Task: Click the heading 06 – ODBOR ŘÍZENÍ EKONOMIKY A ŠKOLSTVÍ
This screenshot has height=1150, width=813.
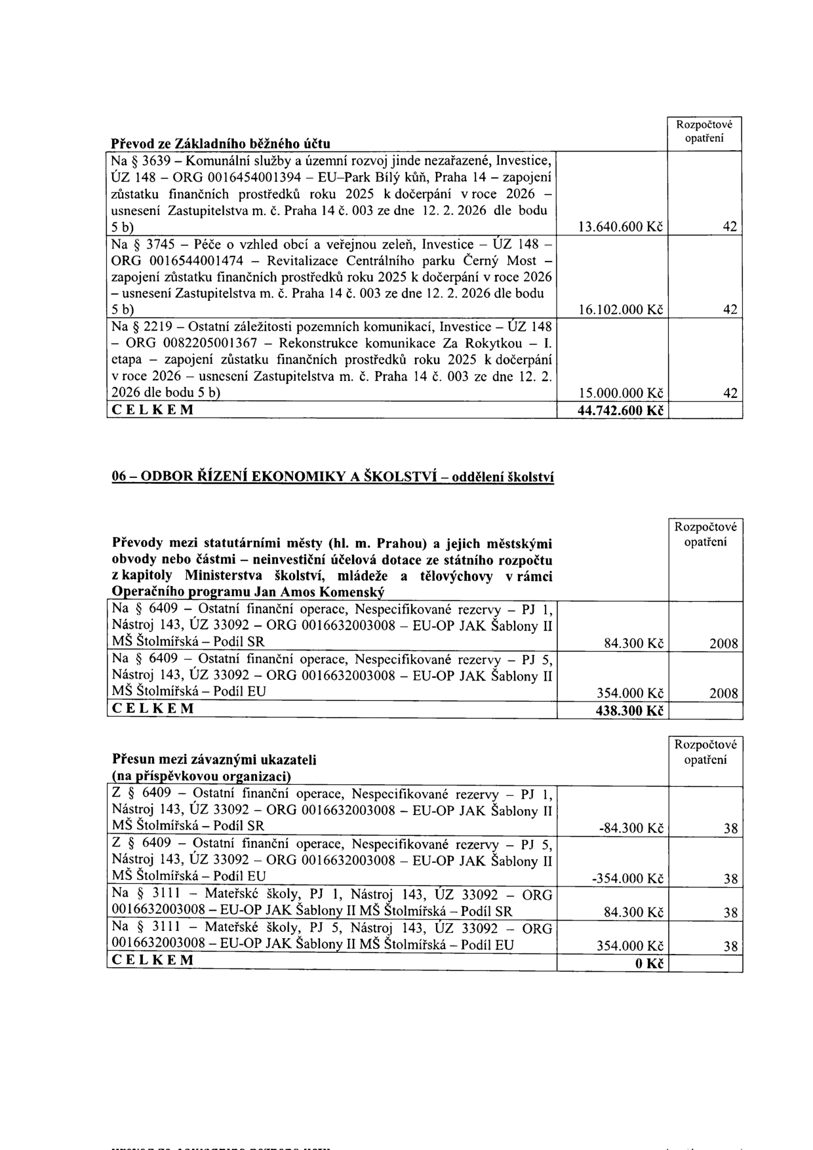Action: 332,477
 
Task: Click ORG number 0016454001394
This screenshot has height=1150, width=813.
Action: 243,177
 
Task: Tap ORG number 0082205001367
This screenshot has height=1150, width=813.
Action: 195,343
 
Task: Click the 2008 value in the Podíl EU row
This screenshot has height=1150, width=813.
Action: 724,694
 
